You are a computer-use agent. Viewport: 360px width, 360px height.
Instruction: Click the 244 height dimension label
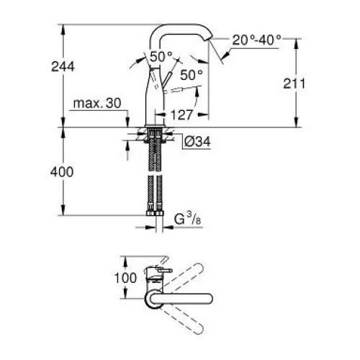[63, 66]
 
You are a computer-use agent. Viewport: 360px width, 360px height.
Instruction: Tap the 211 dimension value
[294, 84]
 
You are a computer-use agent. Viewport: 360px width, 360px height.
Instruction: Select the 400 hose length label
[62, 172]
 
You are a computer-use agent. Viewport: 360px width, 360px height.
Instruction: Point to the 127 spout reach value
[181, 115]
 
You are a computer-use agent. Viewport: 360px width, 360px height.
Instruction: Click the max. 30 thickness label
[97, 104]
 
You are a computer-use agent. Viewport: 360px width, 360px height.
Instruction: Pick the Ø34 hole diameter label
[197, 142]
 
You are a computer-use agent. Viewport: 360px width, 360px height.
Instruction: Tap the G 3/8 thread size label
[188, 220]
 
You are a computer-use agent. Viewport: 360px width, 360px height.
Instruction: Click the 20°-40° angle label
[256, 40]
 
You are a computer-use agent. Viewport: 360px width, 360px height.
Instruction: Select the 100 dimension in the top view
[125, 278]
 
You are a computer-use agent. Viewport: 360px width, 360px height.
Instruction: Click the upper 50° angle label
[161, 57]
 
